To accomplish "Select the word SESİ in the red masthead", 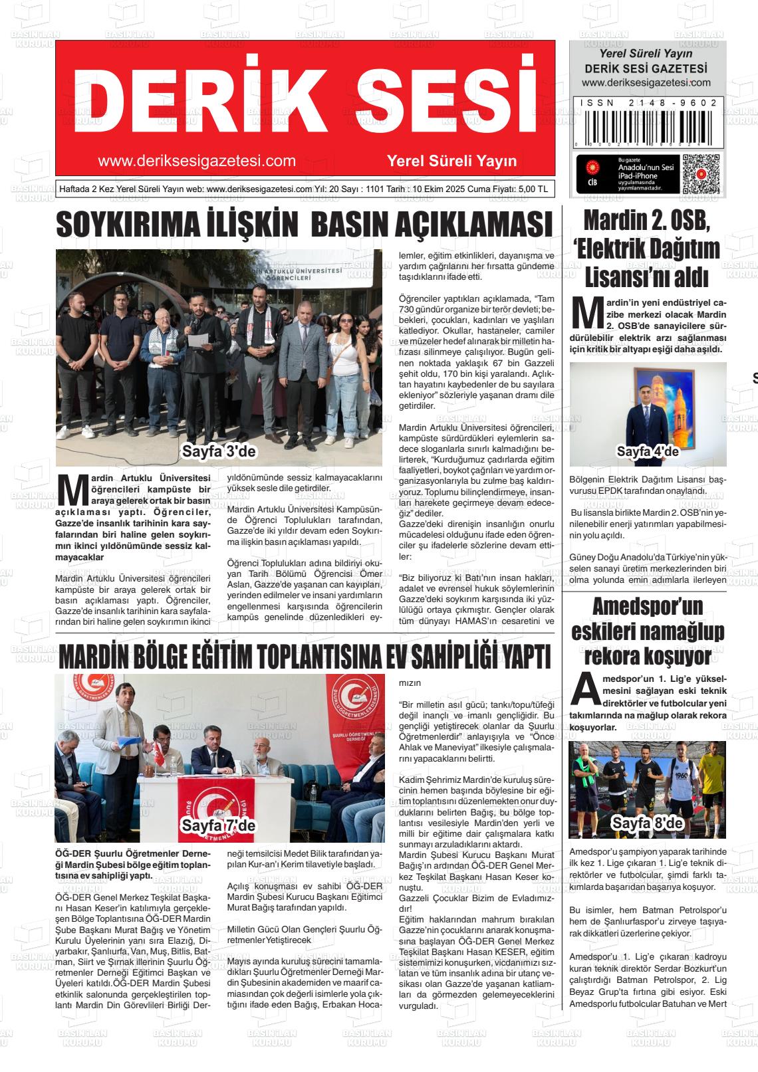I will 435,98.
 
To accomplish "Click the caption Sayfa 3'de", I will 219,452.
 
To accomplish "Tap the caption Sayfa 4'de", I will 648,452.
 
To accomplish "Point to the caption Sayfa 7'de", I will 219,825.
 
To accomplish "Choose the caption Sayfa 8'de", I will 648,823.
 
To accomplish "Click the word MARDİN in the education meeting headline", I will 93,658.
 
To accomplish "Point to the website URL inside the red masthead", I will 196,161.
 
